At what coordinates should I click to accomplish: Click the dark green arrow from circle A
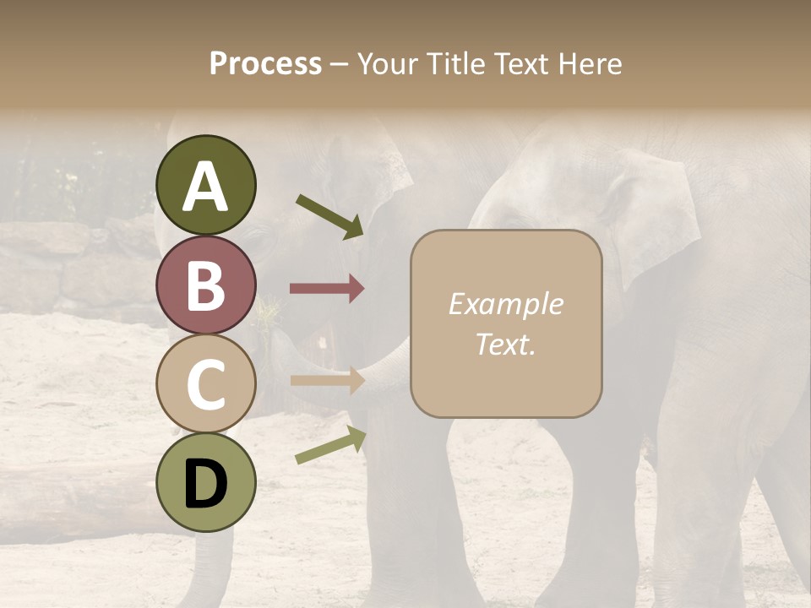329,215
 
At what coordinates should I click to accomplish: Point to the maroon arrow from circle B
327,289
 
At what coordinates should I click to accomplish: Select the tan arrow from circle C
327,380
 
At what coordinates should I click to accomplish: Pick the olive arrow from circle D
330,445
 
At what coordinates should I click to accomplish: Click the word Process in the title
265,64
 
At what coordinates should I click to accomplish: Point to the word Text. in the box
505,345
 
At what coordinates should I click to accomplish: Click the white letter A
206,187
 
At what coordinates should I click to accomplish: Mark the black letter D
206,484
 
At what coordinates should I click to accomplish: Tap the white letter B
206,285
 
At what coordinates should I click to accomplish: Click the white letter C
206,384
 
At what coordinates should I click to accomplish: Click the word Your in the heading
385,64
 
